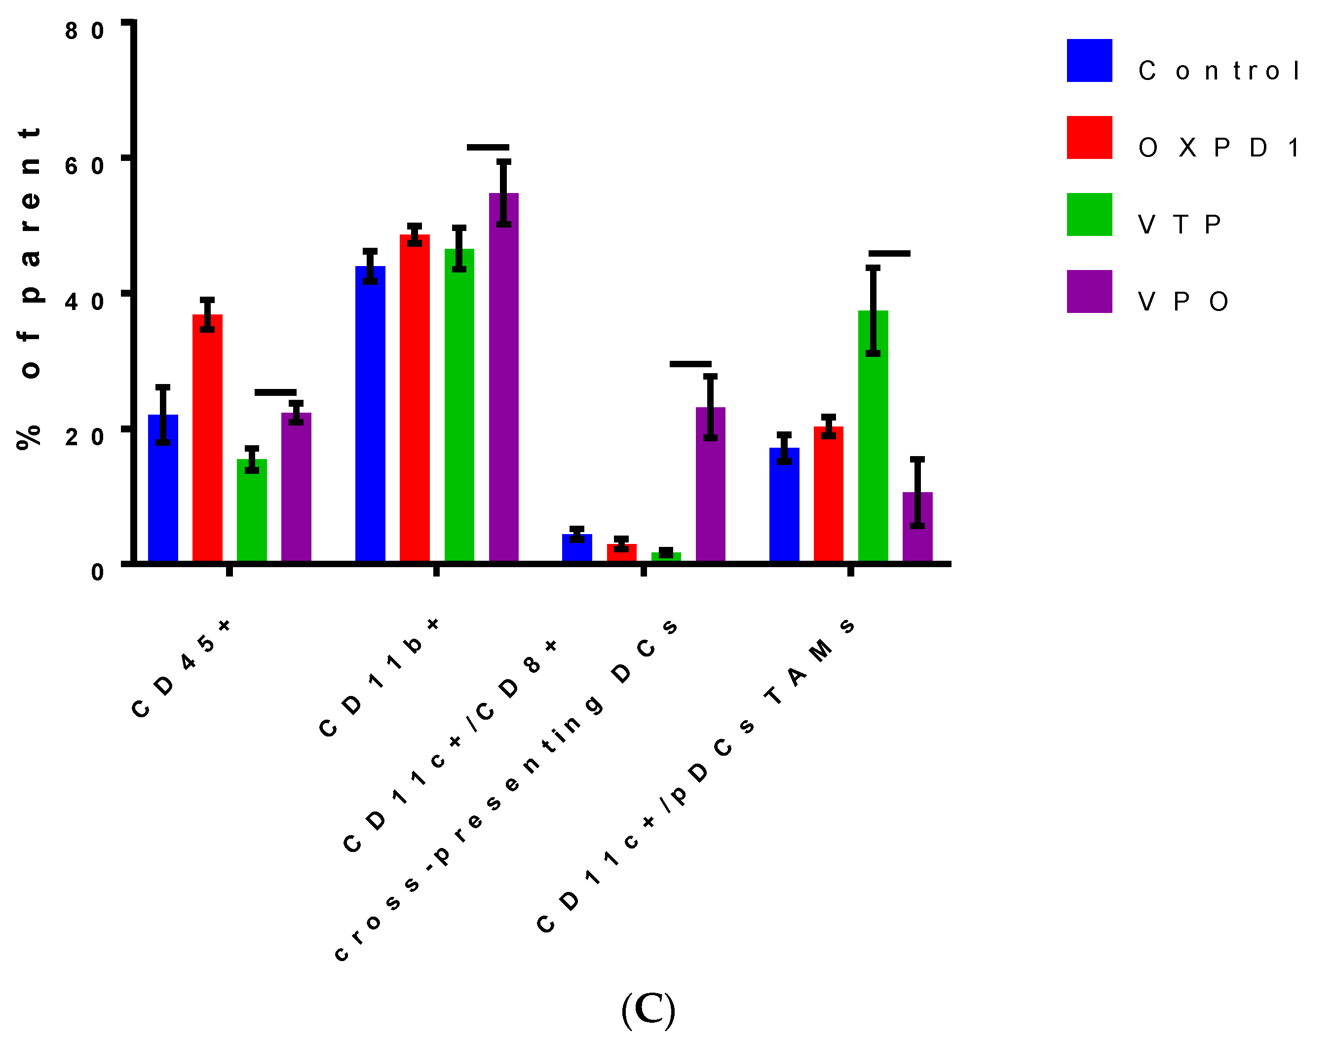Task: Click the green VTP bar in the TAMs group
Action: tap(873, 436)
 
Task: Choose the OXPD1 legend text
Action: tap(1218, 148)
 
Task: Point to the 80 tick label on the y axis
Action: tap(84, 31)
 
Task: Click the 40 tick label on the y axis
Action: tap(84, 302)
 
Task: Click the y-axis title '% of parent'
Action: tap(29, 287)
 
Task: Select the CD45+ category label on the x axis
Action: tap(182, 668)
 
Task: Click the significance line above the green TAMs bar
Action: tap(889, 253)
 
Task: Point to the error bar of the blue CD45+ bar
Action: tap(162, 415)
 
